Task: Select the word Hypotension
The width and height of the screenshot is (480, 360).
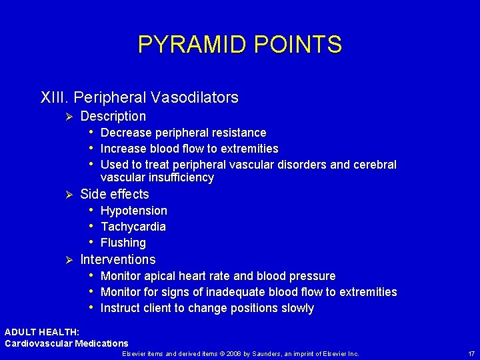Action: (x=133, y=211)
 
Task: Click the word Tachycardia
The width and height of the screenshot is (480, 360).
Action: (x=133, y=227)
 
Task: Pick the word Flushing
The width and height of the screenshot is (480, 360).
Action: (x=123, y=243)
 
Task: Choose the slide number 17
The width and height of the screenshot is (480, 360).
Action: (x=471, y=353)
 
